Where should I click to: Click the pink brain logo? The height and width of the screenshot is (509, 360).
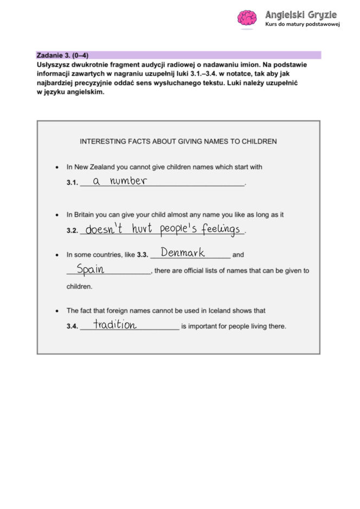point(247,18)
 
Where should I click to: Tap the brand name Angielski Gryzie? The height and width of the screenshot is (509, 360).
point(300,15)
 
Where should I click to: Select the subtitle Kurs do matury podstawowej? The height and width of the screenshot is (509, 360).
point(302,25)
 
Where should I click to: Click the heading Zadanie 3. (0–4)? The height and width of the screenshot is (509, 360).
point(62,55)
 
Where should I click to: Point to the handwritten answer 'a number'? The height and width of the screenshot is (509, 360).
point(119,181)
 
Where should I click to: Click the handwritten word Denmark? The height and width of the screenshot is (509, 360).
point(183,253)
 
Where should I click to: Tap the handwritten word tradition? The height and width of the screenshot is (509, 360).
point(114,325)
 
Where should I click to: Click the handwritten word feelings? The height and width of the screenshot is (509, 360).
point(221,230)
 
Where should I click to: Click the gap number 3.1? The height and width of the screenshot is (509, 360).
point(72,183)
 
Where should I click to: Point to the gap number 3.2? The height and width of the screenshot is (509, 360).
point(72,231)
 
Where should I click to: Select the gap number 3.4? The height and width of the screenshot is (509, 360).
point(72,327)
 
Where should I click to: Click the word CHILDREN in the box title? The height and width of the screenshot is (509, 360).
point(260,141)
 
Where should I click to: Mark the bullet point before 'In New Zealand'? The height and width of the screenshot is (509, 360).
point(57,167)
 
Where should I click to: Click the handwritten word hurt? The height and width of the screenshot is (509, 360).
point(142,229)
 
